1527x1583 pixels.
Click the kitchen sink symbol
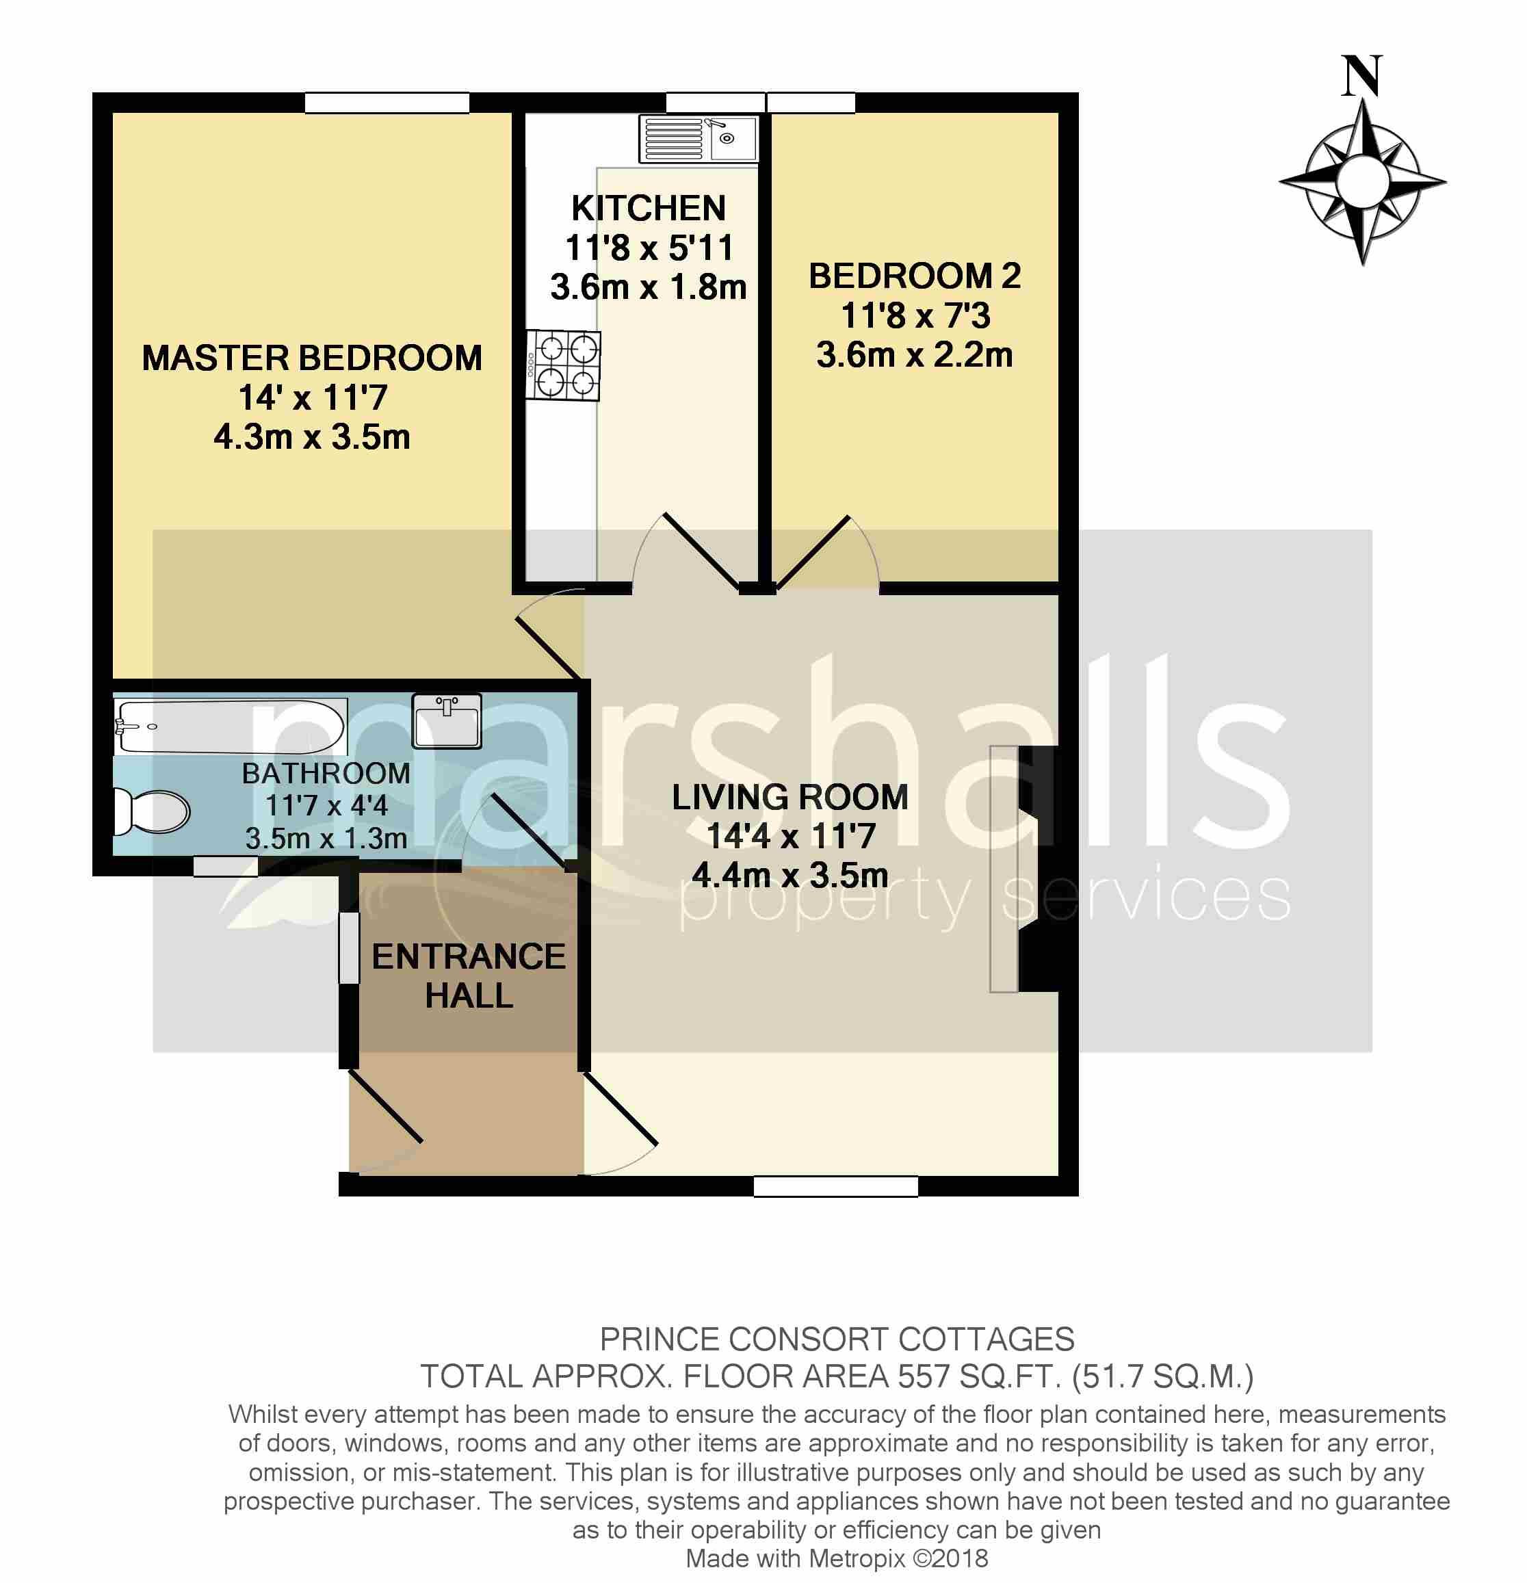(x=699, y=138)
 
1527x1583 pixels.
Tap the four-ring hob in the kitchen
(x=564, y=366)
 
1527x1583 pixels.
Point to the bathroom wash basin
(x=447, y=720)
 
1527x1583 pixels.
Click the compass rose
(x=1362, y=183)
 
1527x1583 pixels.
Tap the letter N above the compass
(x=1362, y=77)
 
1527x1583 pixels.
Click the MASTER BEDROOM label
(x=312, y=358)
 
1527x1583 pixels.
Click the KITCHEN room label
(x=649, y=209)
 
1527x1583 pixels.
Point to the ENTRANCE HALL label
(x=469, y=976)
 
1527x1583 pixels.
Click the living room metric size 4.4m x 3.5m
(x=789, y=876)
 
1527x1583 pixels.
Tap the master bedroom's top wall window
(x=387, y=103)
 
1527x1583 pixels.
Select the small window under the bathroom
(x=225, y=867)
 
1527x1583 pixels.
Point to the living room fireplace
(x=1026, y=869)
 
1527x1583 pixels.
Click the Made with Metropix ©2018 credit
(x=837, y=1558)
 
